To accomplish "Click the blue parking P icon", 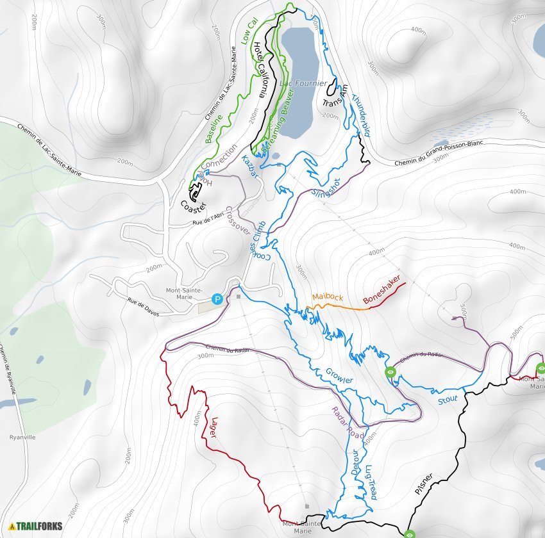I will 218,299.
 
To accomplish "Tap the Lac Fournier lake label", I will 303,84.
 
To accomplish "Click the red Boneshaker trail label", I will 382,290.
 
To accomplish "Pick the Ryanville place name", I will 22,437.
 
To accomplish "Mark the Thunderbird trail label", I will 361,116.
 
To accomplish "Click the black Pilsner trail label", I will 423,484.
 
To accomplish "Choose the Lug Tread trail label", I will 369,482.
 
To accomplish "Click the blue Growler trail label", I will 339,376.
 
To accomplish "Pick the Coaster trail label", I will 193,207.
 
